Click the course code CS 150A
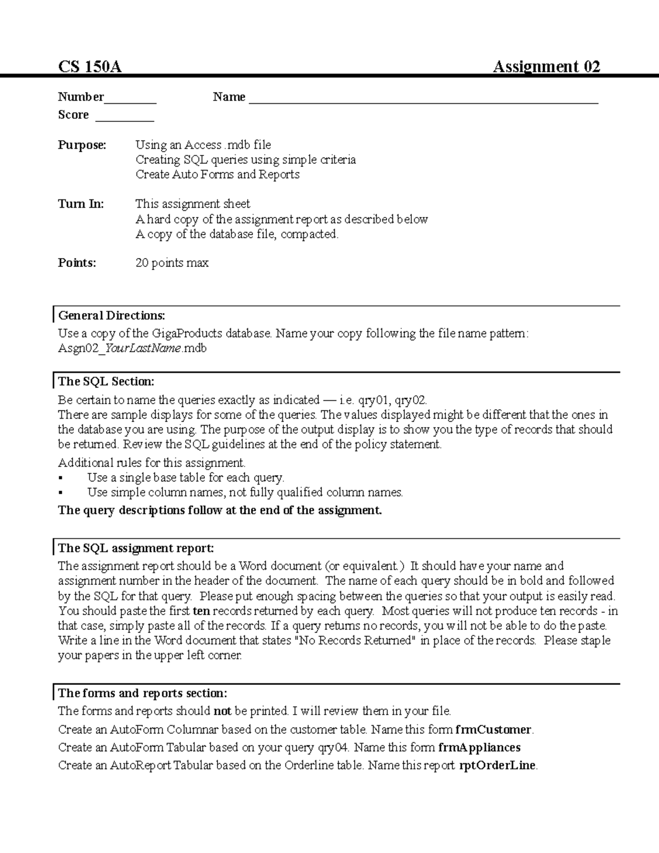[x=90, y=67]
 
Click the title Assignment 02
[x=546, y=67]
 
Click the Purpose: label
[x=82, y=145]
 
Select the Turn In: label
[x=81, y=204]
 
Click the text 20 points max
[x=172, y=263]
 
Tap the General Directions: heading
[x=111, y=315]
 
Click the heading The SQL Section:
[x=106, y=381]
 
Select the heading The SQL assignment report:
[x=136, y=548]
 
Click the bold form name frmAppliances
[x=479, y=747]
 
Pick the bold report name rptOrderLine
[x=497, y=765]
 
